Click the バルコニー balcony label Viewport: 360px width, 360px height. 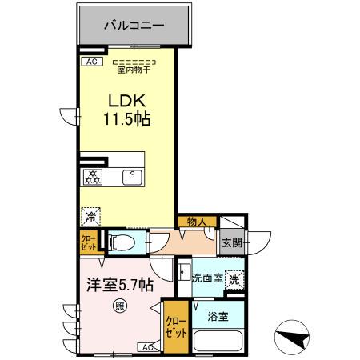click(x=134, y=26)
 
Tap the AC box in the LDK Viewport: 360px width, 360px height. click(x=90, y=61)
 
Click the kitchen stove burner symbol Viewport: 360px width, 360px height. click(x=92, y=177)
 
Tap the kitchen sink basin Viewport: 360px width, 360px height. click(x=129, y=177)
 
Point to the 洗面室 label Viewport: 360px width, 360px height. click(x=206, y=278)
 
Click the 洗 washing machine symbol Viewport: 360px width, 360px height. click(x=233, y=279)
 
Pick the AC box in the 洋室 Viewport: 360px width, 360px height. click(x=149, y=346)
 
